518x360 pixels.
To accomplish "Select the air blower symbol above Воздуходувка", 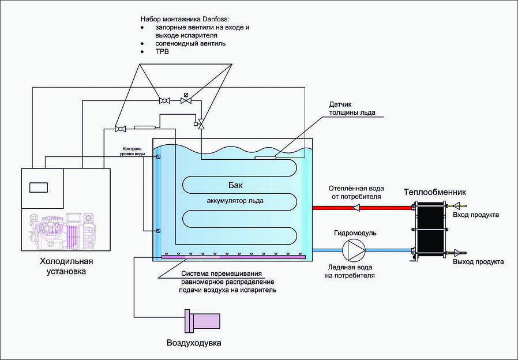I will (x=202, y=321).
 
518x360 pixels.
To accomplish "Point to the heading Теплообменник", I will (x=434, y=192).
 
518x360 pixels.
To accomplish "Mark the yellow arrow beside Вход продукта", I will (x=459, y=205).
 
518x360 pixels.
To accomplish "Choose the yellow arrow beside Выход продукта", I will (x=459, y=252).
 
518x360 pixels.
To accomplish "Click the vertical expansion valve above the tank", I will (x=201, y=122).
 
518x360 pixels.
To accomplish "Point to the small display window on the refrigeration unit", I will (x=39, y=187).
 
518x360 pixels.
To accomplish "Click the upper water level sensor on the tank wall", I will (x=158, y=156).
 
